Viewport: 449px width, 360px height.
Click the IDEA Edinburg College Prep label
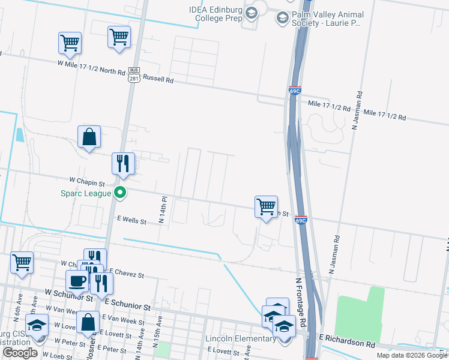(218, 14)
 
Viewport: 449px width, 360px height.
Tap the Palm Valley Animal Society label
(325, 18)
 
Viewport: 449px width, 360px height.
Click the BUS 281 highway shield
(134, 75)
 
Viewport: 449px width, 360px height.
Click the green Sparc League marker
(120, 193)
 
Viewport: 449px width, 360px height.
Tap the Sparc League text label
(86, 193)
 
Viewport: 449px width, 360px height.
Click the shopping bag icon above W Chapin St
(89, 137)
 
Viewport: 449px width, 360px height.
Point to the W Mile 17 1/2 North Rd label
(91, 66)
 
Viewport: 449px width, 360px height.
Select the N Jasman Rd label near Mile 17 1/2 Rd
(355, 110)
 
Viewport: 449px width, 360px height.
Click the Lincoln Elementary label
(240, 339)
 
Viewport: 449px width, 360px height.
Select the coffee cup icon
(77, 281)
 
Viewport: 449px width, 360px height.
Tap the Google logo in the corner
(20, 353)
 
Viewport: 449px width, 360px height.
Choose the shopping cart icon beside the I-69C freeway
(266, 206)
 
